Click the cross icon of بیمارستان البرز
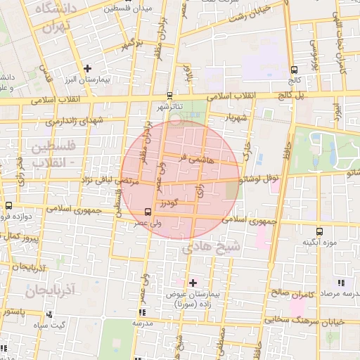coord(87,68)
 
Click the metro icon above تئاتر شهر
coord(169,96)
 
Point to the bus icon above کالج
coord(293,69)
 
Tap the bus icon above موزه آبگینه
coord(319,231)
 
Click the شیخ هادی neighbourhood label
coord(211,247)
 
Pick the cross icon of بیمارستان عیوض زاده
coord(193,283)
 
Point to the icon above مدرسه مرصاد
coord(340,283)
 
